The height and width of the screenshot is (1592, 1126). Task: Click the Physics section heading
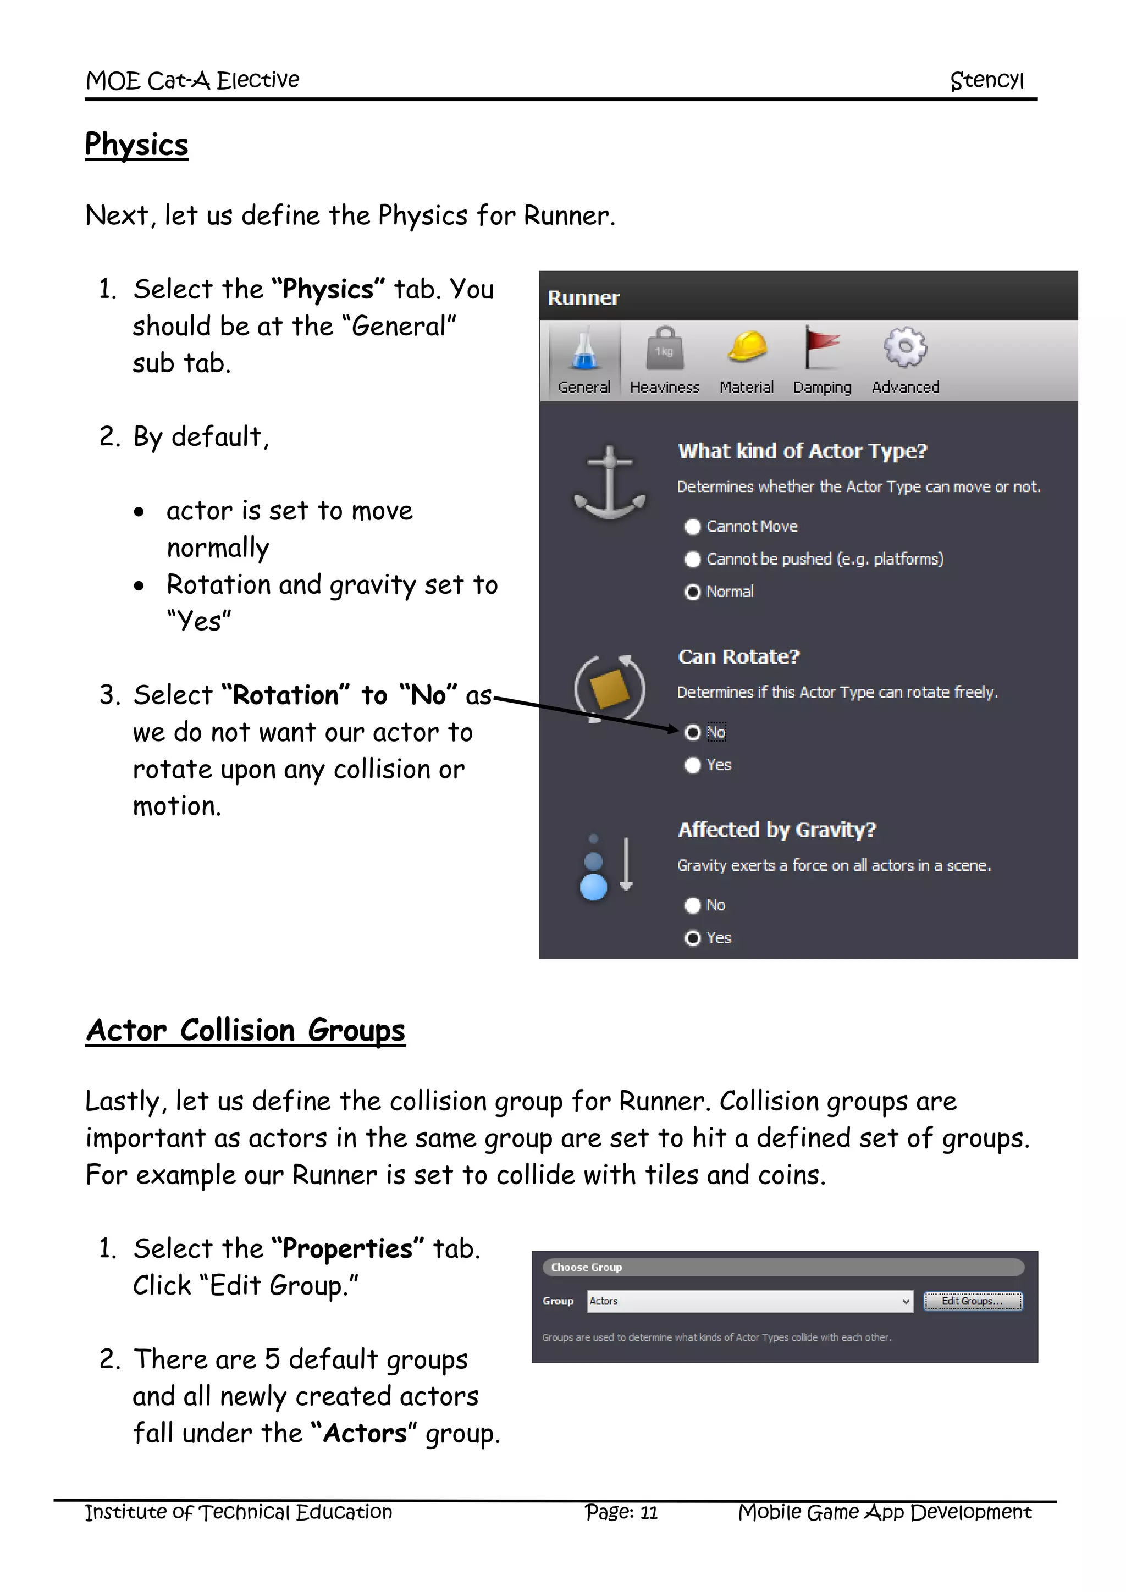[136, 145]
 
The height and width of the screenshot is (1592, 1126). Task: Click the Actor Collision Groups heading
[245, 1030]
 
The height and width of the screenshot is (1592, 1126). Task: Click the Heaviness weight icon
[664, 349]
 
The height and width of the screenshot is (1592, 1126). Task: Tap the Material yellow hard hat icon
[747, 347]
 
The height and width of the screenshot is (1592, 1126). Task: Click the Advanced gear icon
[905, 347]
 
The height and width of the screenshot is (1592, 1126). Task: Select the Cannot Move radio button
[693, 527]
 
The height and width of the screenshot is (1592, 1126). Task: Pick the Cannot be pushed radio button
[693, 560]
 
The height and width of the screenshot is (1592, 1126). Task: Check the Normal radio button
[693, 592]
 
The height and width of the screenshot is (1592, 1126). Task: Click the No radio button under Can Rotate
[693, 733]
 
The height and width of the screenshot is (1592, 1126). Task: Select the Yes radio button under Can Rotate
[693, 766]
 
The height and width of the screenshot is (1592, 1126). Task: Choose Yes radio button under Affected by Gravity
[693, 938]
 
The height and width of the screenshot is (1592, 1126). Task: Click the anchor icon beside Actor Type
[609, 483]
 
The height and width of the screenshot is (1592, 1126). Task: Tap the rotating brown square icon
[609, 689]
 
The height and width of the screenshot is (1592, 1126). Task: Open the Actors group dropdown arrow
[906, 1302]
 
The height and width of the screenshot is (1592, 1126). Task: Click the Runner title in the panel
[583, 298]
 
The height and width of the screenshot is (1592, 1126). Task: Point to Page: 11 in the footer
[621, 1512]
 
